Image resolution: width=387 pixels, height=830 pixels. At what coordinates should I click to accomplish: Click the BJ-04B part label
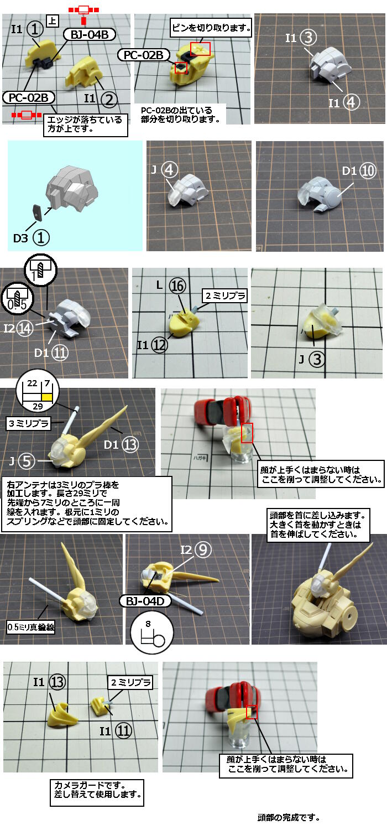click(x=89, y=35)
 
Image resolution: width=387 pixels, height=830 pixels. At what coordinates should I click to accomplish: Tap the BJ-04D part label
click(x=145, y=601)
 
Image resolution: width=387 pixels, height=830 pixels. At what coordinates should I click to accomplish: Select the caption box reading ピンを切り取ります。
click(x=211, y=28)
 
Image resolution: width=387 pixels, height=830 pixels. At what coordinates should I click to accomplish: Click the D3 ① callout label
click(x=32, y=237)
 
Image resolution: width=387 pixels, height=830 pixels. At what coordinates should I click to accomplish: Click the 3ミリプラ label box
click(x=29, y=423)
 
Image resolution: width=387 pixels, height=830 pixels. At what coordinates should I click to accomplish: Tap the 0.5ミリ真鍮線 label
click(x=31, y=627)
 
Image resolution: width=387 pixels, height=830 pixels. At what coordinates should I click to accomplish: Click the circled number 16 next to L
click(x=177, y=286)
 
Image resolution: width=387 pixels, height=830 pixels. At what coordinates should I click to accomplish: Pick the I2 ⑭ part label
click(x=18, y=328)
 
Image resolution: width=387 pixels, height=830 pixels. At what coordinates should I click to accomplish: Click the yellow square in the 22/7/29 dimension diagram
click(x=47, y=397)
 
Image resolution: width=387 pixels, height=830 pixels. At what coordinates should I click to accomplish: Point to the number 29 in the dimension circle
click(x=38, y=407)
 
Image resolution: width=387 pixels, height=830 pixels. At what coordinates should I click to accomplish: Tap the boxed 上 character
click(x=52, y=21)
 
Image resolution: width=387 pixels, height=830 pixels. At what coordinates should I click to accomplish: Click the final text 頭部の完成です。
click(x=289, y=817)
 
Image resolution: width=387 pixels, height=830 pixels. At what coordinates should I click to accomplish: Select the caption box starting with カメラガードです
click(x=97, y=793)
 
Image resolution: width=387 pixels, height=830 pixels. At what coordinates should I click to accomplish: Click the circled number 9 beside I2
click(x=203, y=550)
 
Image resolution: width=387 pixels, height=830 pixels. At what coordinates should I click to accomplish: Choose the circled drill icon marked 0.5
click(x=17, y=299)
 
